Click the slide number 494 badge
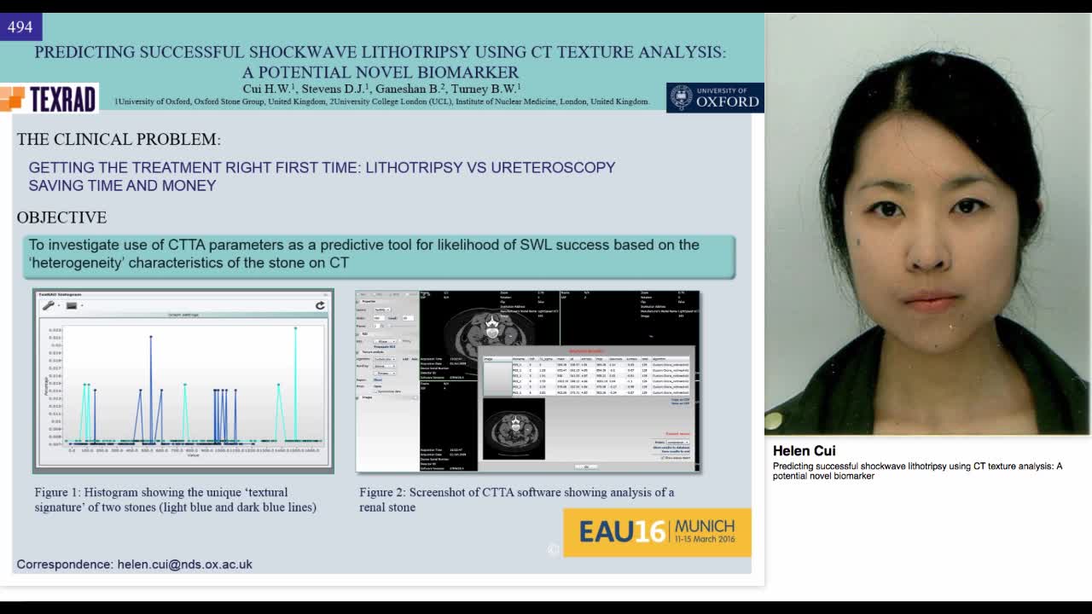point(20,27)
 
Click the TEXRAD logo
point(49,99)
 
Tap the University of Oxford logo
point(715,97)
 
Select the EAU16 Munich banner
point(657,532)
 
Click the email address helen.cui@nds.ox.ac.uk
point(184,565)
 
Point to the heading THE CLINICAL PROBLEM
point(119,139)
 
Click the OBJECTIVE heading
point(61,217)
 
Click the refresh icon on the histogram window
point(320,305)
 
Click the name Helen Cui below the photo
point(804,451)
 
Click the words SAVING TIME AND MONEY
point(122,185)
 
